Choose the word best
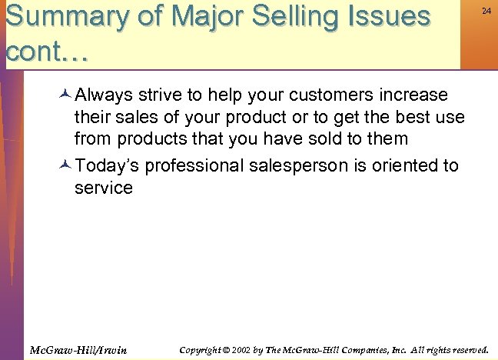[416, 118]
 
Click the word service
[103, 188]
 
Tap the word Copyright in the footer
[201, 350]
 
